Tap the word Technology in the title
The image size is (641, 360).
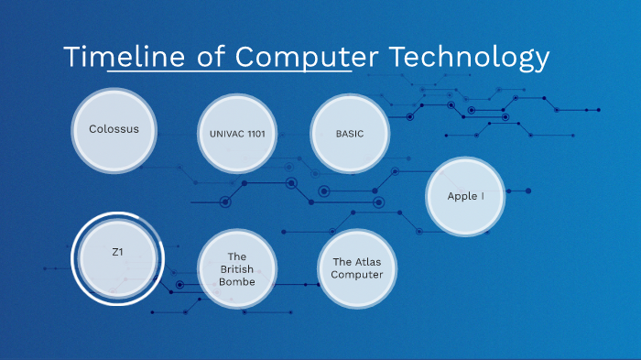469,57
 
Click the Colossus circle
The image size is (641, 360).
114,129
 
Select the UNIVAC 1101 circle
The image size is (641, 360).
237,135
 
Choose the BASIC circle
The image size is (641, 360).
350,134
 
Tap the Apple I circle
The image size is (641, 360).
465,196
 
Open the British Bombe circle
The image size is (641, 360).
237,268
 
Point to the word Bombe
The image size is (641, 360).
237,281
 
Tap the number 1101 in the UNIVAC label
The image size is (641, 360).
255,135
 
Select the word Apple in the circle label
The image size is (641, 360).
462,196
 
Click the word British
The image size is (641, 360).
237,268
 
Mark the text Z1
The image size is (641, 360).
117,252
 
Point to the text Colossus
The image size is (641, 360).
114,129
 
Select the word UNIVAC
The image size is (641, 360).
226,135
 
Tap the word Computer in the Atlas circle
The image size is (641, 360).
357,275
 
